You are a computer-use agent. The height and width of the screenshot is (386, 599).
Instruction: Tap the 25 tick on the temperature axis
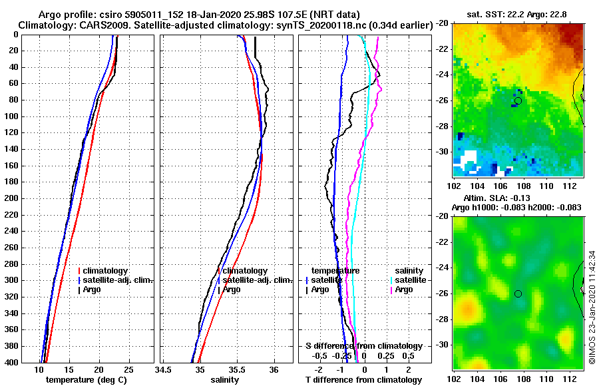[x=128, y=369]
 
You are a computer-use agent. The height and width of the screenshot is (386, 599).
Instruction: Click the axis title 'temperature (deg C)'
[x=85, y=379]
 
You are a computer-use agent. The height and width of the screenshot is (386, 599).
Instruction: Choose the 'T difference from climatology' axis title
[x=363, y=379]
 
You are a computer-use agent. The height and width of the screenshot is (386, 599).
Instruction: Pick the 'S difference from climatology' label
[x=363, y=346]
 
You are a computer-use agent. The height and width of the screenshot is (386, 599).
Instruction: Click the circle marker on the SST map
[x=518, y=101]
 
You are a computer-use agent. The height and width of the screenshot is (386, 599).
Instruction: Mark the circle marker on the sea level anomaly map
[x=518, y=293]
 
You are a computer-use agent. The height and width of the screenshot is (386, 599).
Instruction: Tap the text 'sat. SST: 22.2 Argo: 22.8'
[x=516, y=14]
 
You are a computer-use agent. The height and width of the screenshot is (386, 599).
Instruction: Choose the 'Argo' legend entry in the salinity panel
[x=232, y=289]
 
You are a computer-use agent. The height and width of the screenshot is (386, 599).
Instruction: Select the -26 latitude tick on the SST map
[x=442, y=101]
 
